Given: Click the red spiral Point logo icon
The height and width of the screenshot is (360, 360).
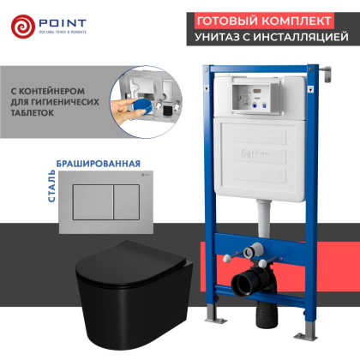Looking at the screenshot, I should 24,26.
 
